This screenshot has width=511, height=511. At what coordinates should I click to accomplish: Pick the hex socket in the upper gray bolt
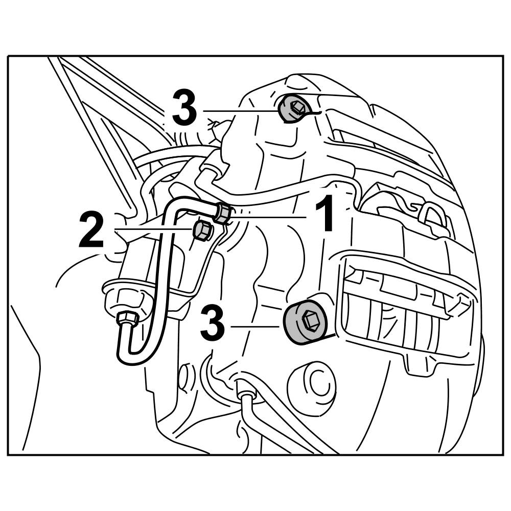click(x=296, y=106)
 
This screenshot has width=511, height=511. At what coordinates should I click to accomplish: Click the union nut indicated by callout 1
click(x=222, y=212)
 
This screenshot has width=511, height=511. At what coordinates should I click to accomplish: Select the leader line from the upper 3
click(x=240, y=110)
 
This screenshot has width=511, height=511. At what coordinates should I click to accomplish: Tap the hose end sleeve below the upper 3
click(x=211, y=168)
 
